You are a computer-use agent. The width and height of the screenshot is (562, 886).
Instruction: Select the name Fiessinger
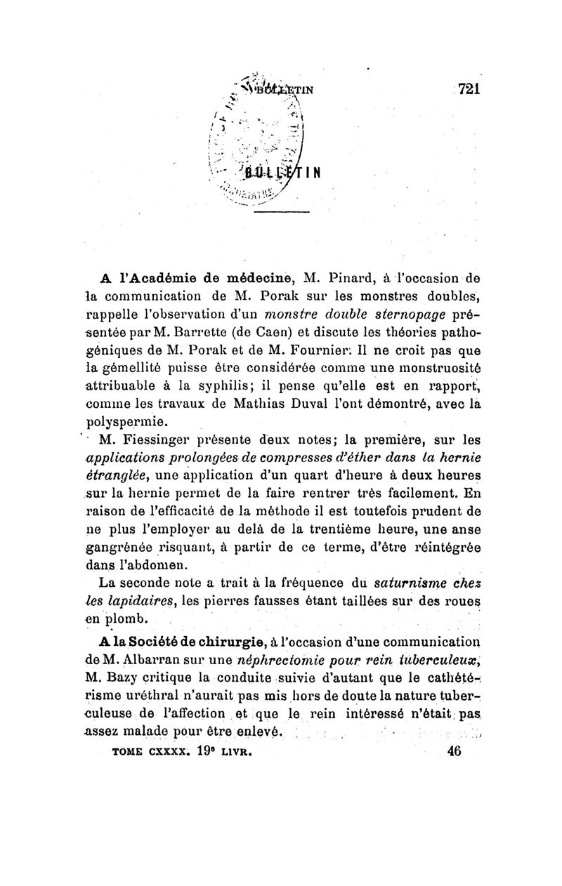pyautogui.click(x=169, y=440)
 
